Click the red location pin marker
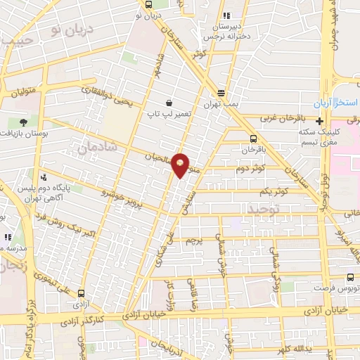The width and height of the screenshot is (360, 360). point(181,165)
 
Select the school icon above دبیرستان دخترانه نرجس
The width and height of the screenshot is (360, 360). point(226,15)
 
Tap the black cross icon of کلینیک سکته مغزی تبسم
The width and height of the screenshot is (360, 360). point(321,120)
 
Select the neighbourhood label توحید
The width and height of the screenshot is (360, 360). point(264,210)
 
